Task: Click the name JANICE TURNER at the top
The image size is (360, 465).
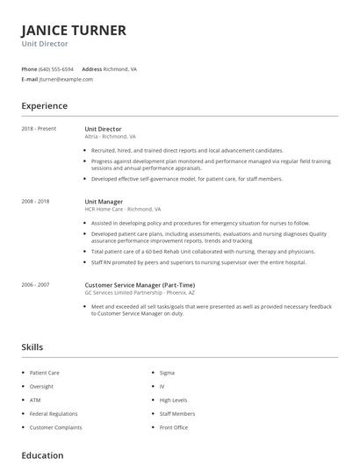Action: [x=74, y=31]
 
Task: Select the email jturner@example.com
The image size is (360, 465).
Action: [x=66, y=79]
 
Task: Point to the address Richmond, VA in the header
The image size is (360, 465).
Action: [x=121, y=68]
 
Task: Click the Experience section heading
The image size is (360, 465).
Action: [x=44, y=106]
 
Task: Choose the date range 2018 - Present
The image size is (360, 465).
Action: [x=39, y=129]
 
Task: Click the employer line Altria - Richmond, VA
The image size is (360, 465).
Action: [x=110, y=137]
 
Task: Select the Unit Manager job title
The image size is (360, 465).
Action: [x=104, y=202]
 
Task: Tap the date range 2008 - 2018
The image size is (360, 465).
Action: [x=36, y=202]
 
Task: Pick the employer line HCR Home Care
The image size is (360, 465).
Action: [x=123, y=210]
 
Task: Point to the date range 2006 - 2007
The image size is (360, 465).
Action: [x=36, y=284]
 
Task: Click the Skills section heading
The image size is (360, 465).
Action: [x=32, y=347]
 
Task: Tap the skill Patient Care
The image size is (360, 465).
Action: [x=45, y=373]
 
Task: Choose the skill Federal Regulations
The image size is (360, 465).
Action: [x=54, y=413]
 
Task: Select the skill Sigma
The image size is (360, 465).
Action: [x=167, y=373]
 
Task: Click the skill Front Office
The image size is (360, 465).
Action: [x=174, y=427]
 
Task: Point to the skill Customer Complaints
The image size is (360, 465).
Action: [x=55, y=427]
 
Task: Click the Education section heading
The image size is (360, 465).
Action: [x=42, y=455]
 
